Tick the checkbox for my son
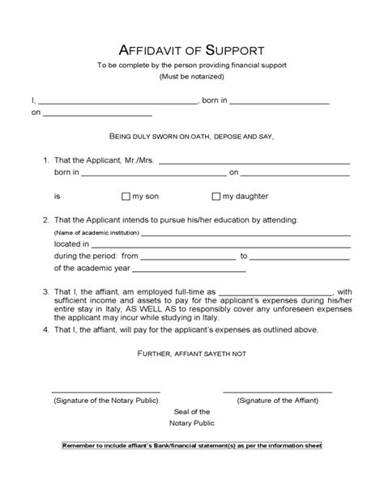(x=126, y=196)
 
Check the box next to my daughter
(x=215, y=196)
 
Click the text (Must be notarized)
(x=192, y=76)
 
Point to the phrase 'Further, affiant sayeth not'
(x=192, y=354)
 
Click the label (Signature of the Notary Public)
(x=107, y=401)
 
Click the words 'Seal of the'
(x=192, y=412)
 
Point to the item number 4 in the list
(x=46, y=330)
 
